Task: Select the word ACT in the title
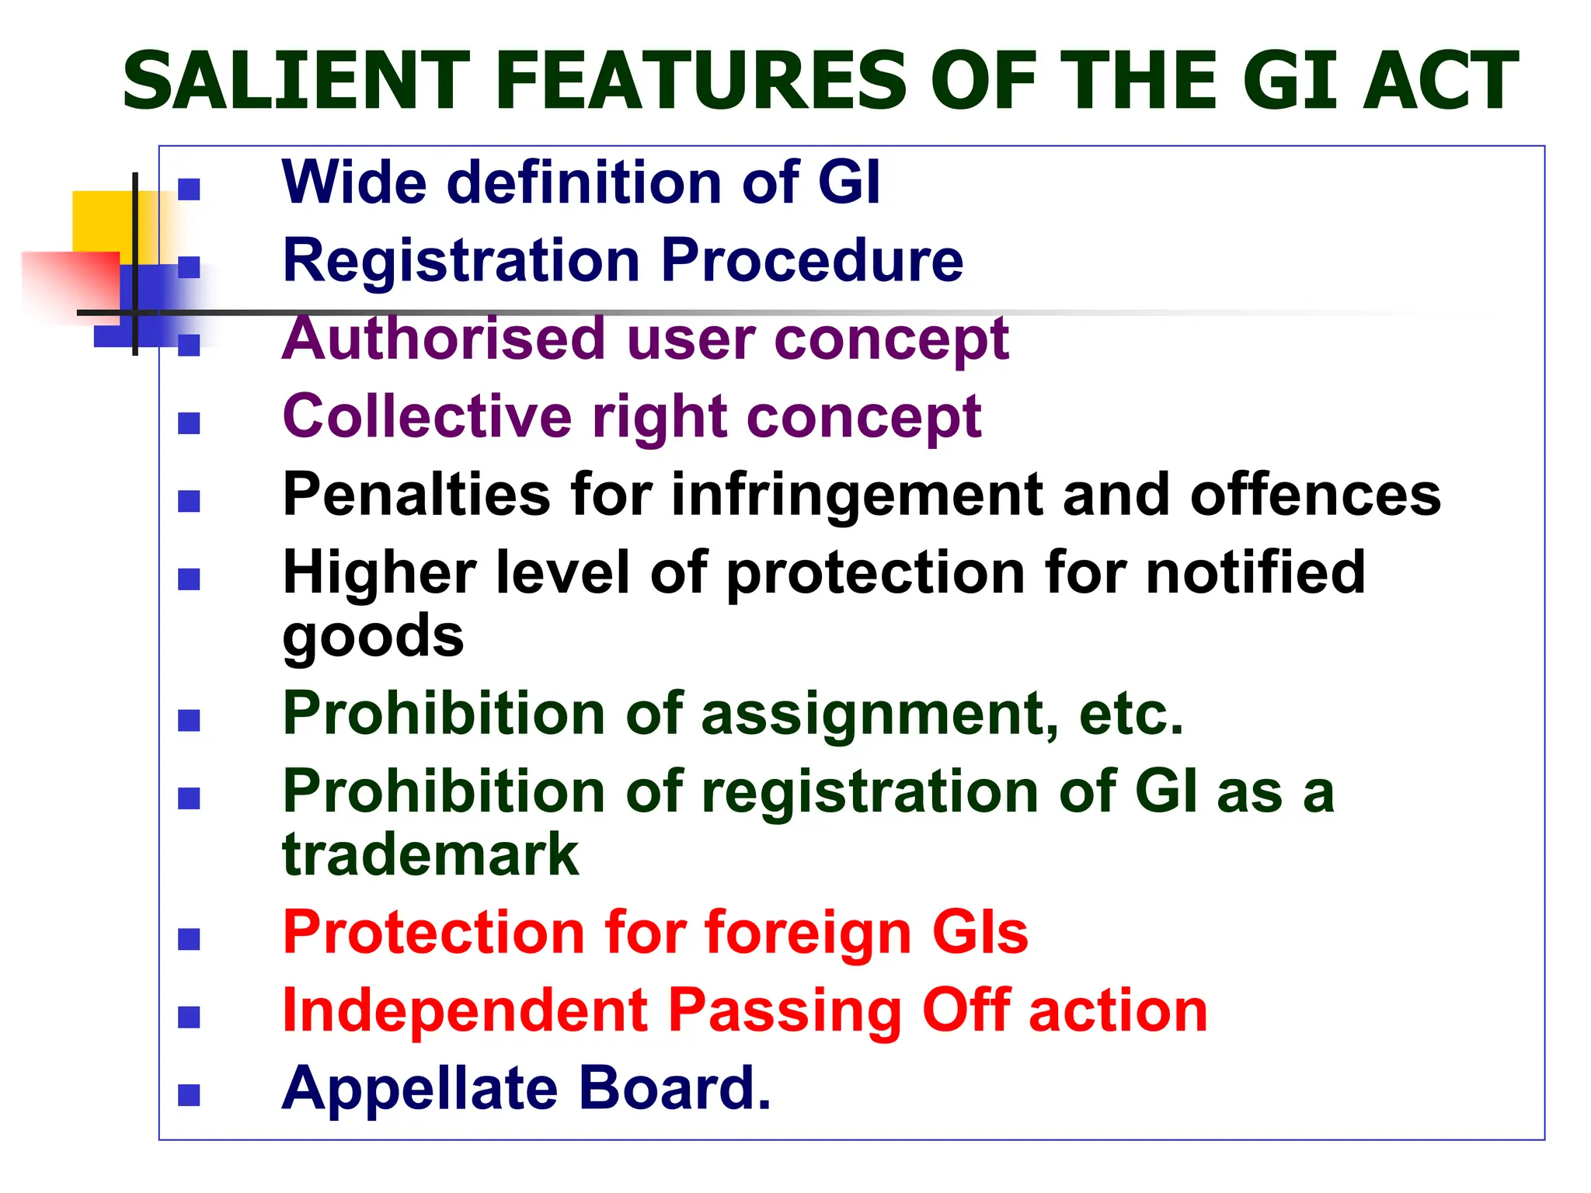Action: coord(1440,81)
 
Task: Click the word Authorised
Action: coord(444,339)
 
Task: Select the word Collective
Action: coord(426,416)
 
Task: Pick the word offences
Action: coord(1314,496)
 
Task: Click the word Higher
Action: coord(378,572)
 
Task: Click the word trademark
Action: coord(430,854)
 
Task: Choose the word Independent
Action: coord(465,1010)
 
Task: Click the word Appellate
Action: coord(420,1089)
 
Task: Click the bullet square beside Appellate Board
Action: coord(189,1094)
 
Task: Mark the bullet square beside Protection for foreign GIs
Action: coord(189,939)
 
